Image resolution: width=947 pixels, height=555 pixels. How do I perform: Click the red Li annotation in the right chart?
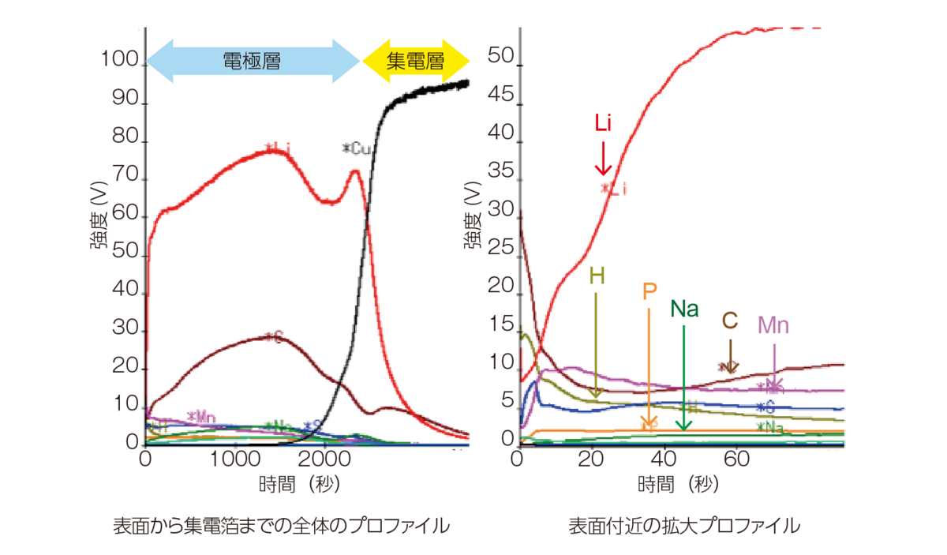click(603, 124)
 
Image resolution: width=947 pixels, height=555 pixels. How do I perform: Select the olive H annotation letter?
click(597, 276)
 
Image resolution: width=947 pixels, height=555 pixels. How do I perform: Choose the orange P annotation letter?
click(649, 292)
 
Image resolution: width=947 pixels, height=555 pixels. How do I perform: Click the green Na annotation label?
click(684, 309)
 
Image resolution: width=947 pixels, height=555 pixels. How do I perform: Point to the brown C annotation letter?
click(730, 321)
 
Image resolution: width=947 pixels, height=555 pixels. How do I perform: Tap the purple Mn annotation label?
click(773, 325)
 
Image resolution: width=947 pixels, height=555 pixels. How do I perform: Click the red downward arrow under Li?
click(603, 158)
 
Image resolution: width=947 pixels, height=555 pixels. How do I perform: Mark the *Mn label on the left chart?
click(202, 416)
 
